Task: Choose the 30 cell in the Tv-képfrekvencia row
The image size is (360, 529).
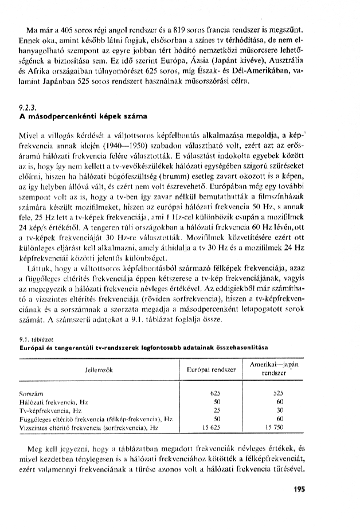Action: coord(279,412)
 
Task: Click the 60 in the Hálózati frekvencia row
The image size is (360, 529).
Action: coord(279,403)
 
